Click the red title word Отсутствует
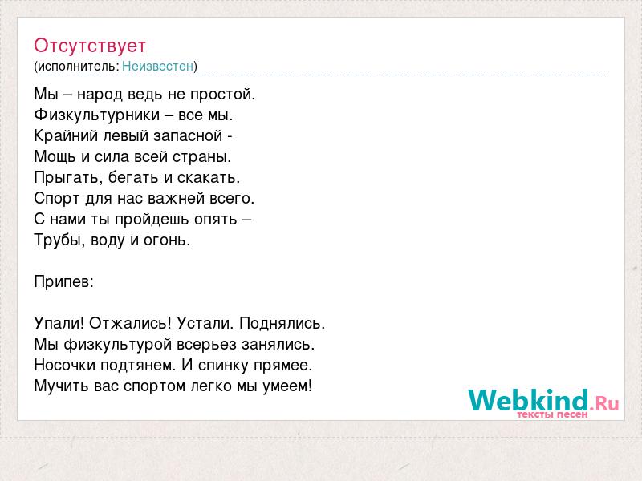90,46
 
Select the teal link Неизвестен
157,66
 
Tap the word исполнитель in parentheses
78,67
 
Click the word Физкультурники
96,115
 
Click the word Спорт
56,199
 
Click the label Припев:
64,282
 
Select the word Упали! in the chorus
59,324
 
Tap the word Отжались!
130,324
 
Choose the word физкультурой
117,345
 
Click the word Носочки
65,366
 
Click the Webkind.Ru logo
543,403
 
